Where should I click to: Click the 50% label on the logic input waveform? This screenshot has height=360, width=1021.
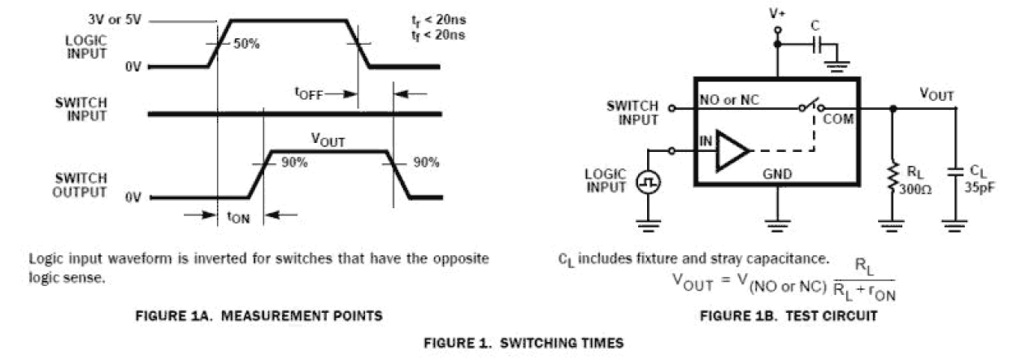click(246, 44)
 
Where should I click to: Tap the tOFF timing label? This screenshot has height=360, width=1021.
click(308, 93)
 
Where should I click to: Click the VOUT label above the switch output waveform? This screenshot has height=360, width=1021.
click(328, 141)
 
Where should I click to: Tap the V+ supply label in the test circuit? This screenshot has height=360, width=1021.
click(777, 13)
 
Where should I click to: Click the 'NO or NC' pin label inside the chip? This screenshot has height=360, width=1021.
click(730, 102)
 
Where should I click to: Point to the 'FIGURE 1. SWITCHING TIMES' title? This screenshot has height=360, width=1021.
click(524, 344)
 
